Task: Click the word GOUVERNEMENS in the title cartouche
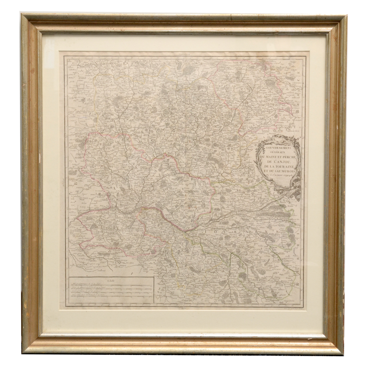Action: (279, 148)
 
